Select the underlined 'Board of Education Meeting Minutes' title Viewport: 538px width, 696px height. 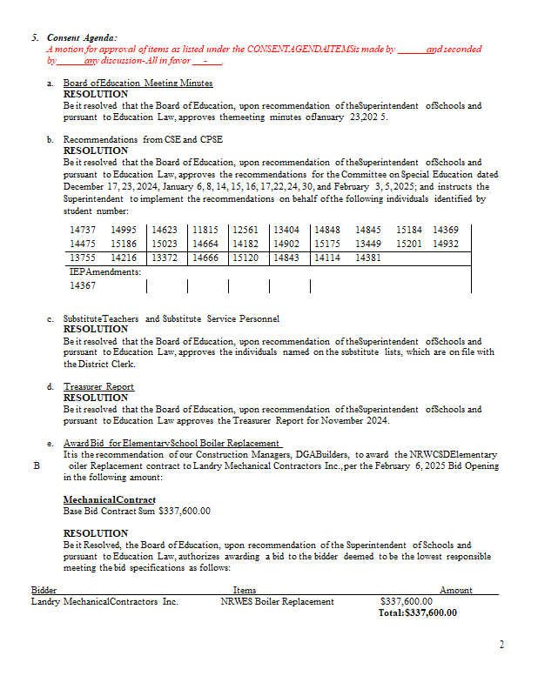[138, 83]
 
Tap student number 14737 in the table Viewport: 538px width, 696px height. [83, 230]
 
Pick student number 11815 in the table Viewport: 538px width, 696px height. [205, 230]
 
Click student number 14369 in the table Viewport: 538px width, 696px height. [446, 230]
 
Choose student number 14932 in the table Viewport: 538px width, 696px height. [446, 244]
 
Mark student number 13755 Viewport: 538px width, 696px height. [83, 258]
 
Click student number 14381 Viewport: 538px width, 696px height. [369, 258]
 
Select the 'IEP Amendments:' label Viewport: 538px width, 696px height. [105, 271]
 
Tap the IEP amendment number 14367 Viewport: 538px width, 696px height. [83, 285]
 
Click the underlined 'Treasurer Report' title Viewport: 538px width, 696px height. [98, 386]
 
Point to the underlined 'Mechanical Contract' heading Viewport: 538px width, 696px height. [110, 499]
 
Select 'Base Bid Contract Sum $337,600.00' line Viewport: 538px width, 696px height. [137, 512]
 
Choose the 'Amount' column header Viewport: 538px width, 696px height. [455, 590]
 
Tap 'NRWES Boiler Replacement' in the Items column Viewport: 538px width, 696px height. [277, 601]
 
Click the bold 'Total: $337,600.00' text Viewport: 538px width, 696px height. [417, 612]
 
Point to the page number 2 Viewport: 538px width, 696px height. [501, 645]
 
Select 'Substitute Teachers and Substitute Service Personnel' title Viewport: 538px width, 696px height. [171, 319]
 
